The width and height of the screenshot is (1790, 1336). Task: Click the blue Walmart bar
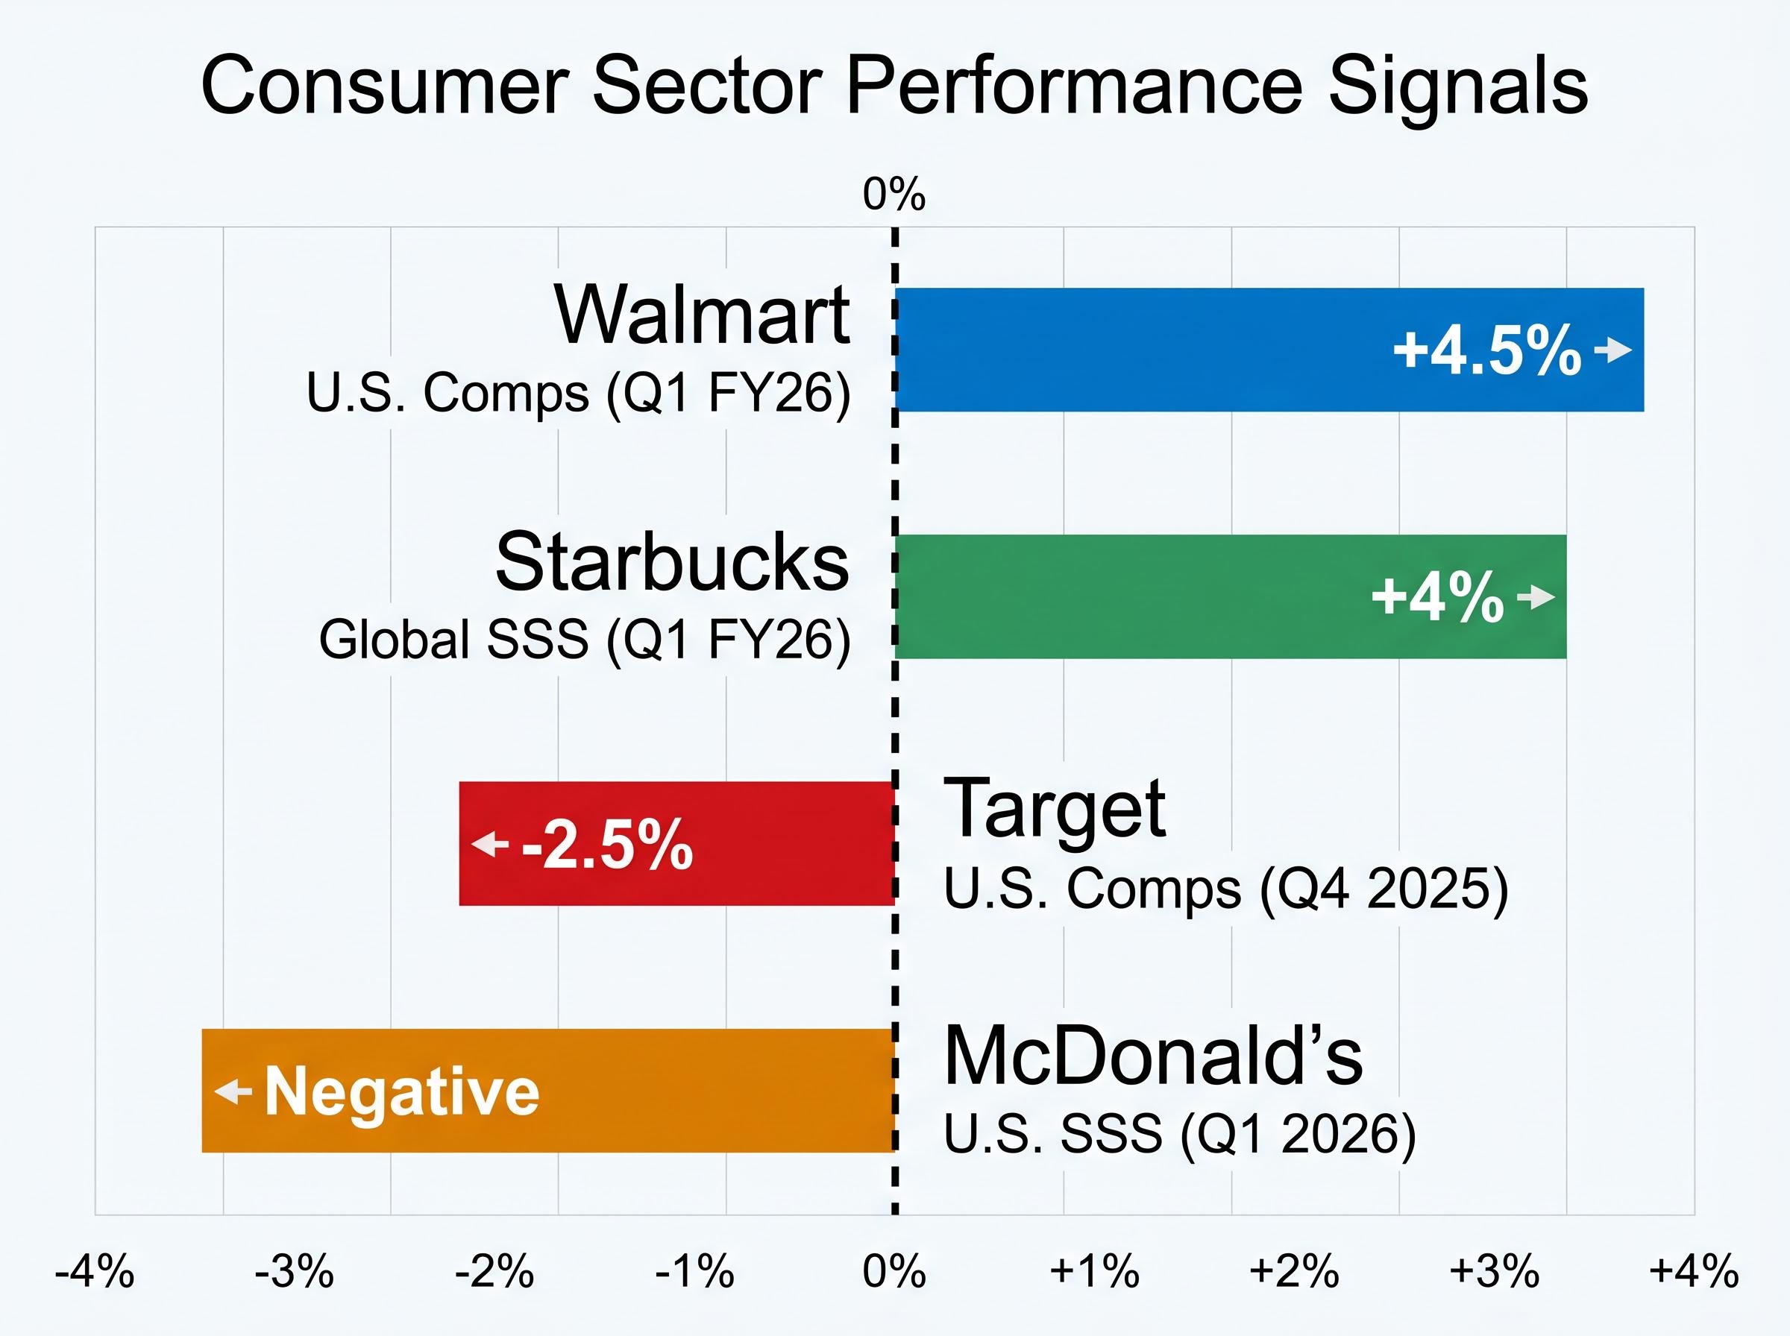point(1132,350)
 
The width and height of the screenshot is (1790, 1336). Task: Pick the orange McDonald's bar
point(688,1090)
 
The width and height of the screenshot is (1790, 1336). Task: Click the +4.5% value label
point(1486,350)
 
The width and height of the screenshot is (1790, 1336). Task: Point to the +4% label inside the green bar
point(1437,598)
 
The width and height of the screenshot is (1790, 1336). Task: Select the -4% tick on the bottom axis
point(95,1271)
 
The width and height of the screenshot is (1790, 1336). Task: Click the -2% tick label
point(494,1271)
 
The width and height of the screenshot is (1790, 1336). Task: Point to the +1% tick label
point(1094,1271)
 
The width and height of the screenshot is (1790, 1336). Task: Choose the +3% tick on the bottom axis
point(1494,1271)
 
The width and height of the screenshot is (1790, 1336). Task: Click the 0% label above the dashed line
point(894,194)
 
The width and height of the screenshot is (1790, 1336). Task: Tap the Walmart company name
point(701,315)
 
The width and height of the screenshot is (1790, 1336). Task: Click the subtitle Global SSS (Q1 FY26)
point(585,640)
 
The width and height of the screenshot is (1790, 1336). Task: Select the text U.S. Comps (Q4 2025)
point(1225,889)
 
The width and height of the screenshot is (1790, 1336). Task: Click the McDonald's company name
point(1153,1056)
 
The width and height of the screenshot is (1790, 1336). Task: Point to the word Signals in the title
point(1457,86)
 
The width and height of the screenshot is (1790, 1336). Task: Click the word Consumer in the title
point(384,86)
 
